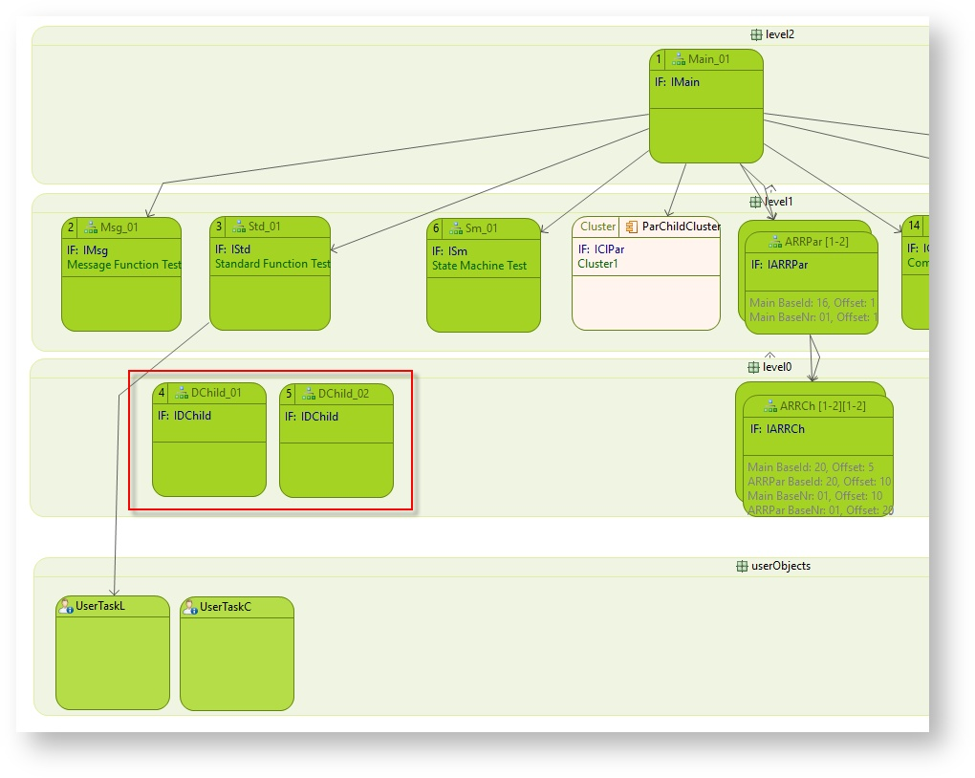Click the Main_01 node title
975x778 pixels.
coord(708,59)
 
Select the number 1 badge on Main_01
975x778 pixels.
coord(658,59)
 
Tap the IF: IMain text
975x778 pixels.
coord(677,82)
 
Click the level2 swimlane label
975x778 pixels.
coord(779,34)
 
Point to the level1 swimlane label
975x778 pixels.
coord(779,202)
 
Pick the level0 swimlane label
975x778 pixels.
coord(777,367)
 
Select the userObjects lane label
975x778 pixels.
coord(780,566)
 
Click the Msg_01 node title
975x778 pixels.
coord(119,227)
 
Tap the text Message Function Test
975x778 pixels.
coord(123,265)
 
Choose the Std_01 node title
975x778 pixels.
coord(264,227)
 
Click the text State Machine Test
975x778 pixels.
coord(479,266)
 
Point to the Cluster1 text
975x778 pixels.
coord(597,264)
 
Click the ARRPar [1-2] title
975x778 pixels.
coord(816,242)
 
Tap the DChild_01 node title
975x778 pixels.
coord(216,393)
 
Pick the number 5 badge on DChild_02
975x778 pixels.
coord(289,394)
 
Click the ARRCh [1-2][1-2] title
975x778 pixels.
coord(822,406)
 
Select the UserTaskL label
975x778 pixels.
coord(99,607)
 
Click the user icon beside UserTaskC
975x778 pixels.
coord(190,607)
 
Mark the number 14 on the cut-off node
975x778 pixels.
coord(914,226)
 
